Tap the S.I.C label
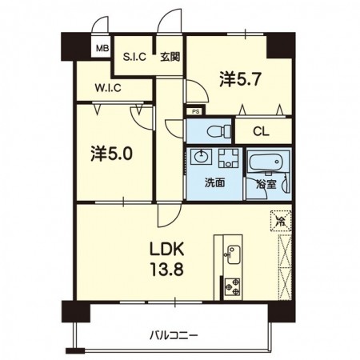[x=134, y=57]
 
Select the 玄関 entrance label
[x=170, y=57]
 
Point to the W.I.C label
[x=108, y=88]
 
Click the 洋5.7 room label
[x=240, y=79]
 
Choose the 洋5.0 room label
[x=111, y=154]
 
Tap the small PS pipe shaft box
[x=196, y=111]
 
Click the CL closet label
[x=261, y=132]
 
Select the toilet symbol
[x=218, y=131]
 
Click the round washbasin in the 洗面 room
[x=202, y=156]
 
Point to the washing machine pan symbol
[x=229, y=158]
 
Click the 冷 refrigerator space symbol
[x=281, y=221]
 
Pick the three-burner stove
[x=233, y=287]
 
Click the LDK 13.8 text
[x=167, y=259]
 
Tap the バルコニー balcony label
[x=174, y=335]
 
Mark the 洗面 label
[x=215, y=183]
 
